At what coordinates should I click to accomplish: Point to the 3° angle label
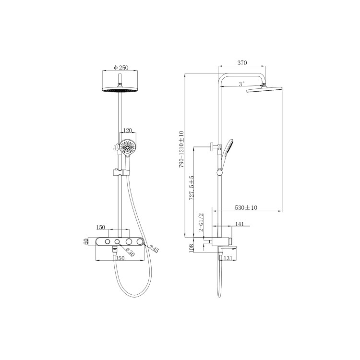tap(241, 84)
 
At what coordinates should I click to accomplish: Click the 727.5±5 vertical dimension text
tap(191, 188)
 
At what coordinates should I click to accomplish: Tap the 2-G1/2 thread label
tap(202, 223)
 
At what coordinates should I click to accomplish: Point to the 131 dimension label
tap(228, 259)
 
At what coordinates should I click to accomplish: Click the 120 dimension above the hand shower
tap(127, 131)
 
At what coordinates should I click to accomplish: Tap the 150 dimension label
tap(101, 227)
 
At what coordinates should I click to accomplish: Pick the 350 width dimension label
tap(120, 258)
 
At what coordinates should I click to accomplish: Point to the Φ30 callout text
tap(130, 251)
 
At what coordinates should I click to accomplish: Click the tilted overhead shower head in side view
tap(264, 89)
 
